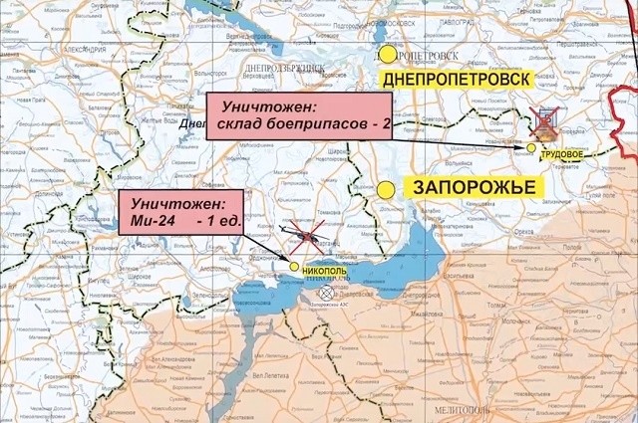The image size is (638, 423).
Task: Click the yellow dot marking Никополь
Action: [293, 266]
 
